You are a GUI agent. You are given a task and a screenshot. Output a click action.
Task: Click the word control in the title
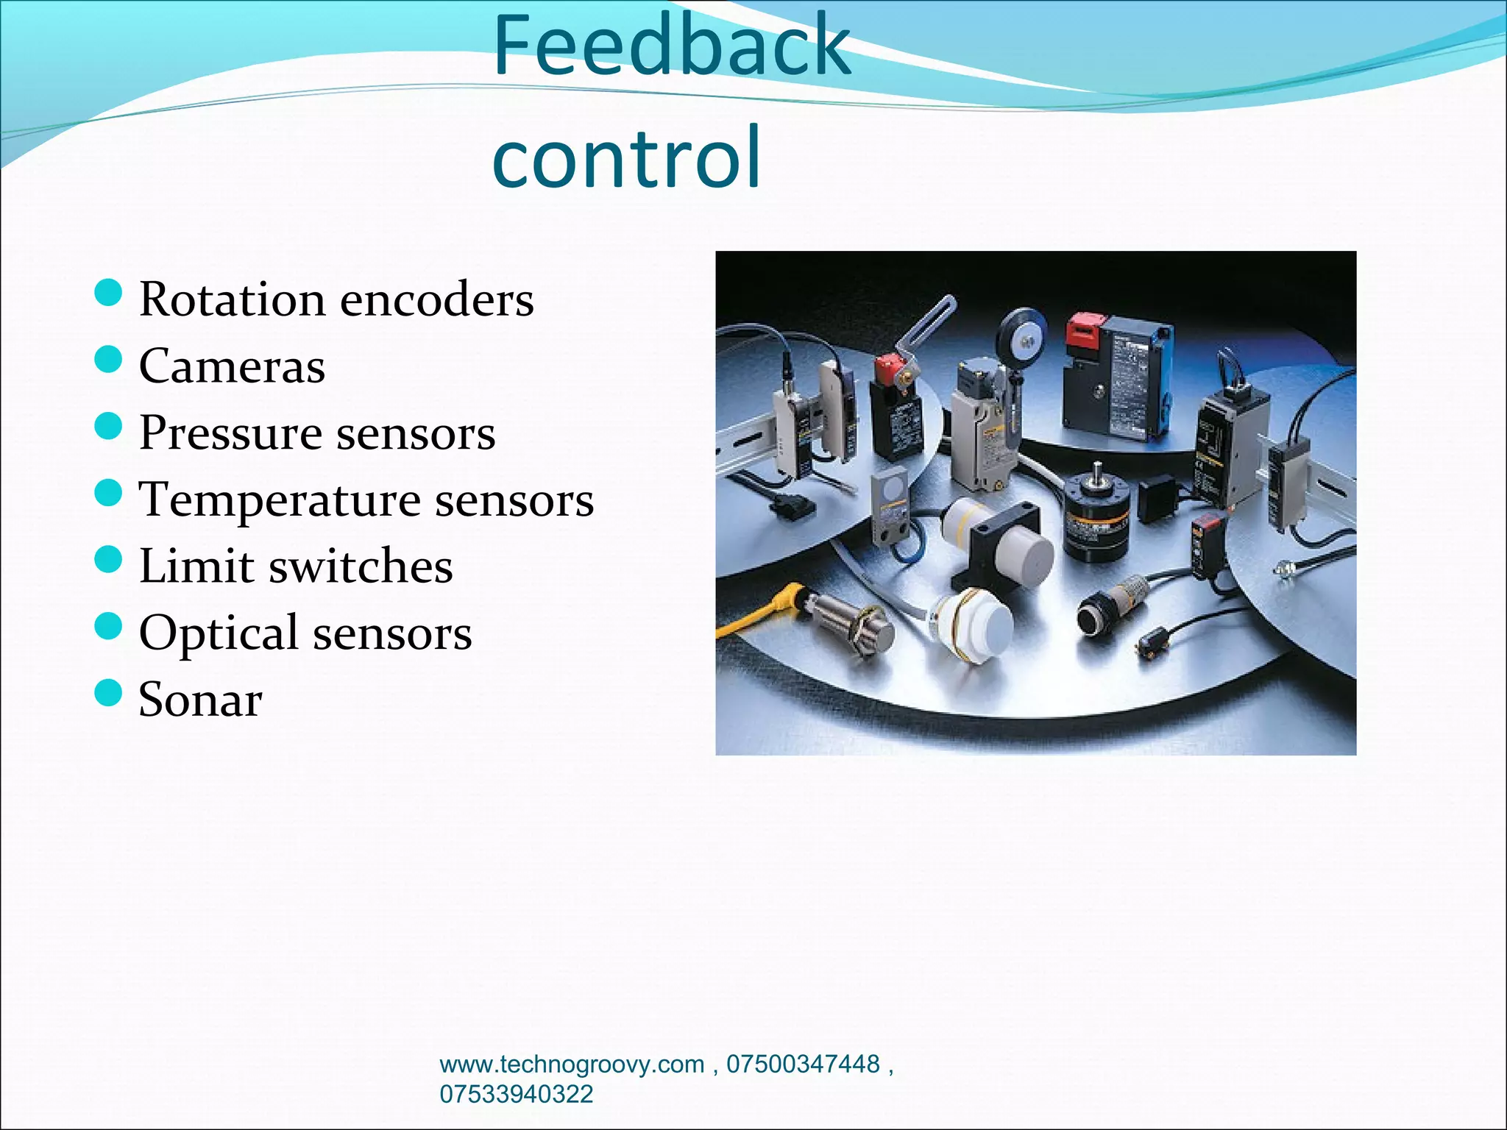[626, 157]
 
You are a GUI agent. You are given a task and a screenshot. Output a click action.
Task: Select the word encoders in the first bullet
[436, 300]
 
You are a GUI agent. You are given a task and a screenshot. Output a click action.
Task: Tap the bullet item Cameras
[232, 366]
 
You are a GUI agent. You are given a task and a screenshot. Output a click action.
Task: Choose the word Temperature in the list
[280, 500]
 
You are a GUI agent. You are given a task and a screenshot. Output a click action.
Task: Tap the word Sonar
[200, 700]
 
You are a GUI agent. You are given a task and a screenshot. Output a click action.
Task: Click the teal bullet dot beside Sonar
[108, 692]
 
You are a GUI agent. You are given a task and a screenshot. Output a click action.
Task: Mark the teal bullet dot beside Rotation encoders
[108, 293]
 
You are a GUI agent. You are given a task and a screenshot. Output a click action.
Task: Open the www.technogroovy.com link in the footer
[572, 1065]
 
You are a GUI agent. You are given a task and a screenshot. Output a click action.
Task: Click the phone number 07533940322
[516, 1094]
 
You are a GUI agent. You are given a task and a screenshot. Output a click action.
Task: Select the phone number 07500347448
[803, 1065]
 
